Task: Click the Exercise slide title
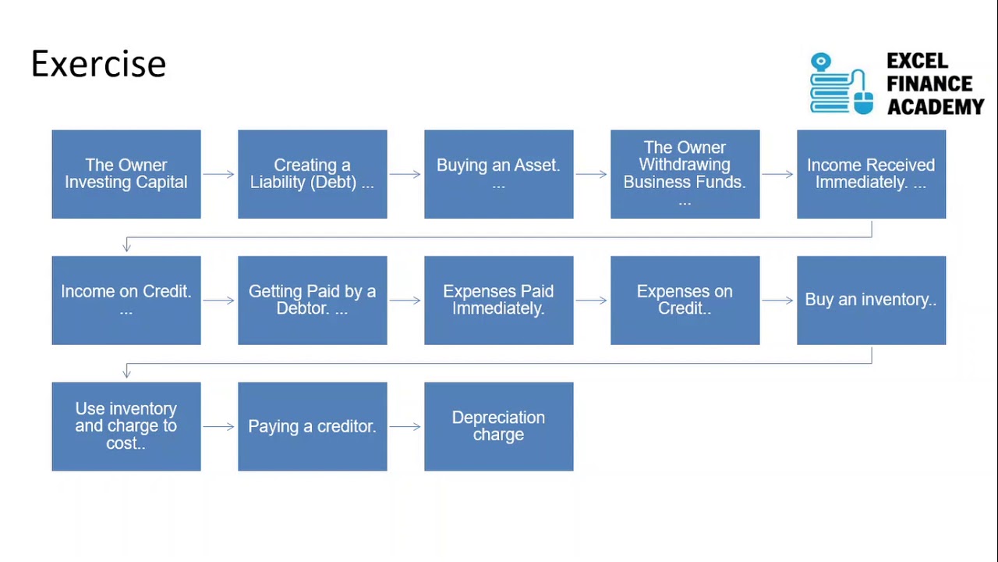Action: pos(98,64)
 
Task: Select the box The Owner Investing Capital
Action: pos(126,174)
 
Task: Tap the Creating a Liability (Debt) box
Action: pos(313,174)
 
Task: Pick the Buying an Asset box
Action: pos(498,174)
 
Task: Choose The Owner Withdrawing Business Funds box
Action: pos(685,174)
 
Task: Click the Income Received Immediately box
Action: pos(871,174)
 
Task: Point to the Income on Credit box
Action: pos(126,301)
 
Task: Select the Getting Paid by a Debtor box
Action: pos(313,301)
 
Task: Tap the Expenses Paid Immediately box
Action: pos(498,301)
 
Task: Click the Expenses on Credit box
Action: pos(685,301)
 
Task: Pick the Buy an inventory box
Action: pos(871,301)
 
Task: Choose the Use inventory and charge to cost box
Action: pos(126,426)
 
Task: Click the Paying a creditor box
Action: pos(313,426)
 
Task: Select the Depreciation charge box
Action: pos(498,426)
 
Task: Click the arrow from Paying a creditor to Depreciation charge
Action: pos(405,427)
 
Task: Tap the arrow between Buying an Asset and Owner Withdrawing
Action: pos(591,174)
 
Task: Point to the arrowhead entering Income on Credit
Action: pos(126,247)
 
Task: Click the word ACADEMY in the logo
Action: pos(936,107)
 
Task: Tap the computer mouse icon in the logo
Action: pos(863,102)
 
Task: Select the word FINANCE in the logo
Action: pos(929,84)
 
